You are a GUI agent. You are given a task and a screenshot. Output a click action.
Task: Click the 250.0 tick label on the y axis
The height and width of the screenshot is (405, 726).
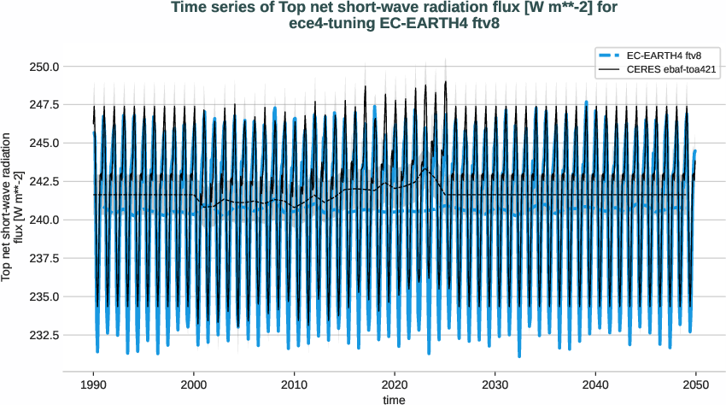pyautogui.click(x=43, y=67)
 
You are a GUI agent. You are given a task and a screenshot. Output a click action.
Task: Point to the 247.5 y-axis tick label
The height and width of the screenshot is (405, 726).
pyautogui.click(x=43, y=105)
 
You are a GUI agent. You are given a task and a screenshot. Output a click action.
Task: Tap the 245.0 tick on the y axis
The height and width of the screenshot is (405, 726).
pyautogui.click(x=43, y=144)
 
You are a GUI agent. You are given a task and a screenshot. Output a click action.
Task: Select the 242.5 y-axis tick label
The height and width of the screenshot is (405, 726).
pyautogui.click(x=43, y=182)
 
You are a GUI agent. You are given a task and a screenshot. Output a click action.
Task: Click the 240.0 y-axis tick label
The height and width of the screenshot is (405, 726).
pyautogui.click(x=43, y=220)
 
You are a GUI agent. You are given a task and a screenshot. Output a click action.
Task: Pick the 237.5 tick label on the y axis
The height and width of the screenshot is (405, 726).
pyautogui.click(x=43, y=259)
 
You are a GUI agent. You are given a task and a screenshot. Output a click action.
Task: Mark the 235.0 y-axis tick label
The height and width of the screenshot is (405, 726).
pyautogui.click(x=43, y=297)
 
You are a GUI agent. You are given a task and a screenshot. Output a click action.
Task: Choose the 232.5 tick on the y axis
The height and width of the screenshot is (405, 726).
pyautogui.click(x=43, y=336)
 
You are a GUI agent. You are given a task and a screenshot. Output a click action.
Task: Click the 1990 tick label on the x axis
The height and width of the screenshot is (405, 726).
pyautogui.click(x=94, y=384)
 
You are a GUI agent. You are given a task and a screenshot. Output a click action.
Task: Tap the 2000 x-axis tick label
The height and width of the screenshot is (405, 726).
pyautogui.click(x=194, y=384)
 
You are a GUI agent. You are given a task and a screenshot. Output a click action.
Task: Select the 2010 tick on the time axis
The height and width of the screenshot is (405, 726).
pyautogui.click(x=295, y=384)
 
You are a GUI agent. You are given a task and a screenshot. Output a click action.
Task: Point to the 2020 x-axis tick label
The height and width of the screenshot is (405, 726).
pyautogui.click(x=395, y=384)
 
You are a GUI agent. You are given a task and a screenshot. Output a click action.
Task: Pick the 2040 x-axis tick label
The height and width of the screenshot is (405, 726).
pyautogui.click(x=595, y=384)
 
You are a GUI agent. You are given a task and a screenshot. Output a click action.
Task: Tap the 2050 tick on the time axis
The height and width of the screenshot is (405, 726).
pyautogui.click(x=696, y=384)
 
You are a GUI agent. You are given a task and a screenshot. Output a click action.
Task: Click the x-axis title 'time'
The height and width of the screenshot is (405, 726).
pyautogui.click(x=395, y=399)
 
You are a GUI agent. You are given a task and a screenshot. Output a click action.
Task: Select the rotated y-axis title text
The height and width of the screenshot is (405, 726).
pyautogui.click(x=12, y=206)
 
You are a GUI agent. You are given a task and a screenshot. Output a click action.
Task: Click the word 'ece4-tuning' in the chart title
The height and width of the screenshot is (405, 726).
pyautogui.click(x=325, y=25)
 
